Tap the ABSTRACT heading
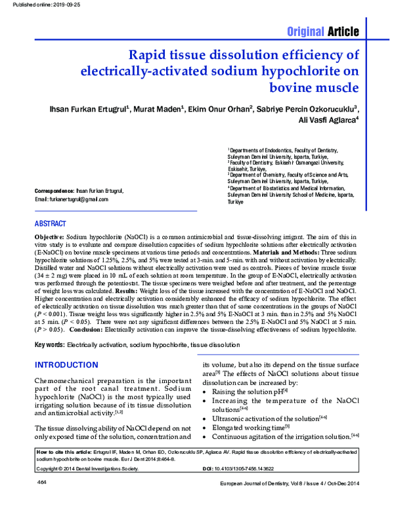(50, 223)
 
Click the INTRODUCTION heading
(66, 365)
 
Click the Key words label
(49, 344)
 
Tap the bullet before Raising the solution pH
(206, 392)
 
